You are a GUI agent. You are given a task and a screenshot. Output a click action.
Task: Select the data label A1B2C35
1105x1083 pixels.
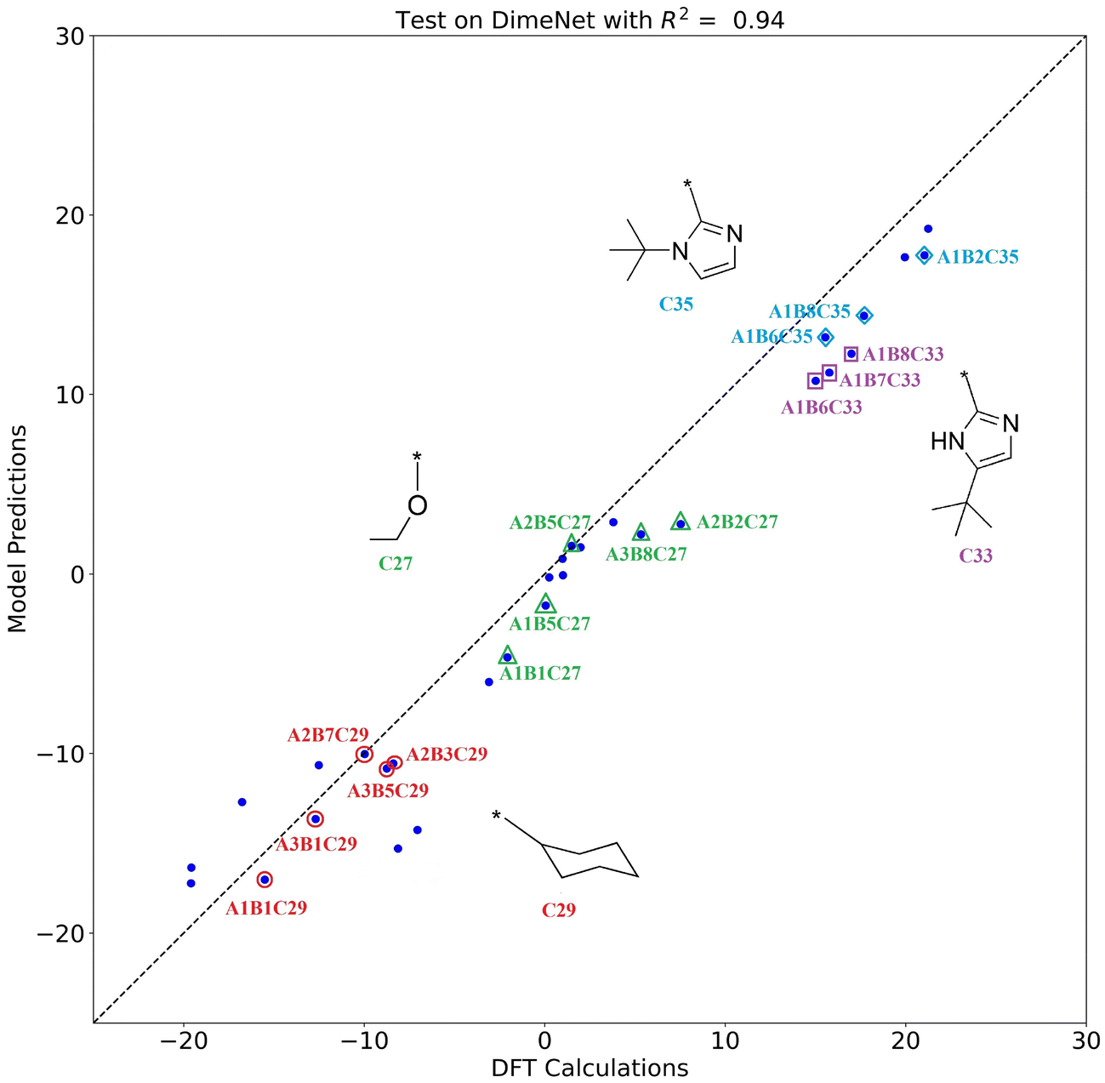pos(977,257)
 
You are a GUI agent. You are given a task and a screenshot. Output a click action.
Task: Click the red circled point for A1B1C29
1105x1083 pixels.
pos(265,880)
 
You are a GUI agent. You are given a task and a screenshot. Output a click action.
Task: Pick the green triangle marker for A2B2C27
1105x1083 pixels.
pos(680,522)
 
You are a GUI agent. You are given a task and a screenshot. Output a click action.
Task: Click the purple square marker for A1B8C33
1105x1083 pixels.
pos(851,354)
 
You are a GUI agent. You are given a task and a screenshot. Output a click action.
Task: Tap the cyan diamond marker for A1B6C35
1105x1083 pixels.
pos(825,337)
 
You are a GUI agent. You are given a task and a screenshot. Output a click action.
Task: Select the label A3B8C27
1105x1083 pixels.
pos(646,555)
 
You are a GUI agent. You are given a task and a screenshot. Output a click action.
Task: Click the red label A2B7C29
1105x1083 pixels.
pos(328,735)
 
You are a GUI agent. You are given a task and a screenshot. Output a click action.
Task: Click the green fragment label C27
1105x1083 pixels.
pos(396,563)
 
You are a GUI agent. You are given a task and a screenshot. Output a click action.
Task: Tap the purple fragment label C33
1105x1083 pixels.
pos(976,556)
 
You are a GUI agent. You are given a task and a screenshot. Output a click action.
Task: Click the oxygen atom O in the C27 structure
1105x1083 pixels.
pos(417,505)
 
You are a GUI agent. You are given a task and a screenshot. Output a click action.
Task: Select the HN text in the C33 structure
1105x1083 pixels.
pos(947,442)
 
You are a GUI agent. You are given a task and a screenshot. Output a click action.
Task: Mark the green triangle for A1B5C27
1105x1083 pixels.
pos(545,604)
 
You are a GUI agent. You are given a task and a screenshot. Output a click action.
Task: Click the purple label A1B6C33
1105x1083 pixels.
pos(821,408)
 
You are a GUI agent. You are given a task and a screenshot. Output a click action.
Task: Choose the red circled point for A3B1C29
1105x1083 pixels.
pos(315,819)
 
